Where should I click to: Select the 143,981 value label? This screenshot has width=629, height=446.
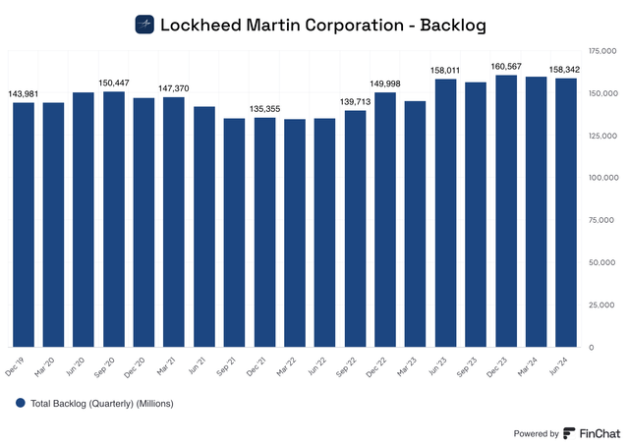25,94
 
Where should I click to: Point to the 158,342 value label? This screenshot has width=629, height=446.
567,70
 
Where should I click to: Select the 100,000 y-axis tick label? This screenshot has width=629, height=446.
601,178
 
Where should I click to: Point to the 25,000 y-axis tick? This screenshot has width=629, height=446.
603,306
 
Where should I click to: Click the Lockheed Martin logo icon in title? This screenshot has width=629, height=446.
144,24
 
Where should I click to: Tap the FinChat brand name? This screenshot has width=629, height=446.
600,432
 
